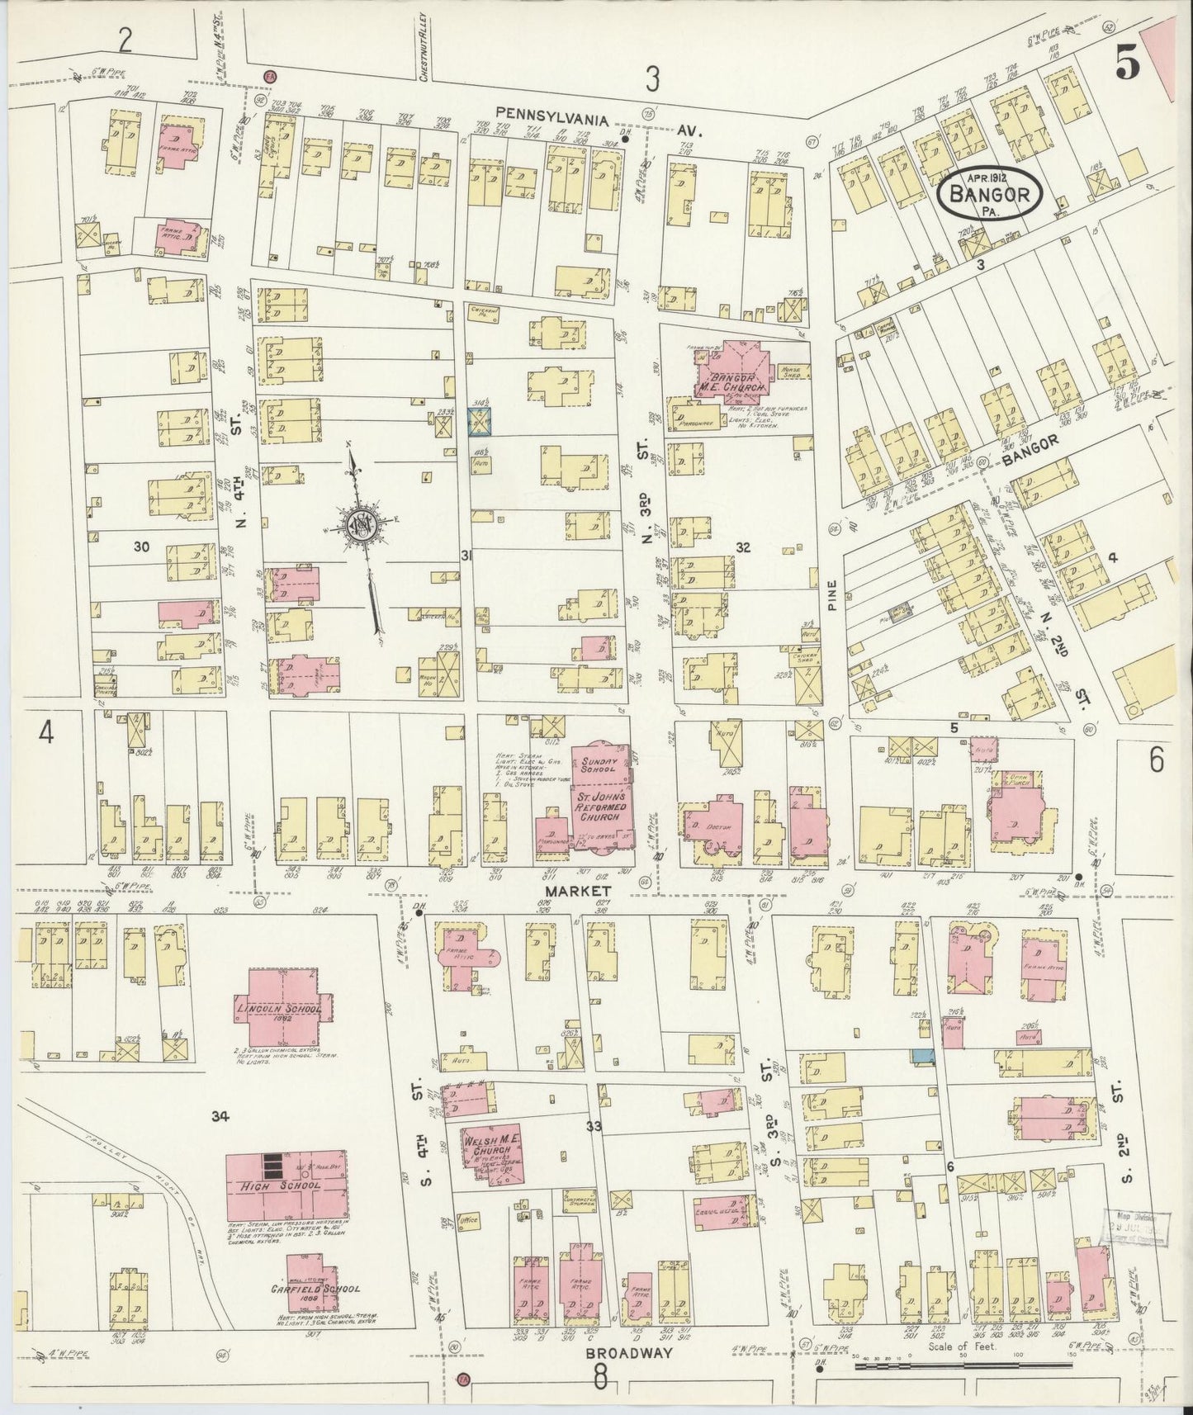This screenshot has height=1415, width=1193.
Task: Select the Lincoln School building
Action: click(x=284, y=1009)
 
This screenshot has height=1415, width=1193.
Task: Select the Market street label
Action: click(x=577, y=892)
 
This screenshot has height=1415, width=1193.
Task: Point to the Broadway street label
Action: click(x=618, y=1353)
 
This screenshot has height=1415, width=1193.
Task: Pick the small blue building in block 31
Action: click(x=481, y=420)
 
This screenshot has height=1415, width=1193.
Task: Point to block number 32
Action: click(x=743, y=547)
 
